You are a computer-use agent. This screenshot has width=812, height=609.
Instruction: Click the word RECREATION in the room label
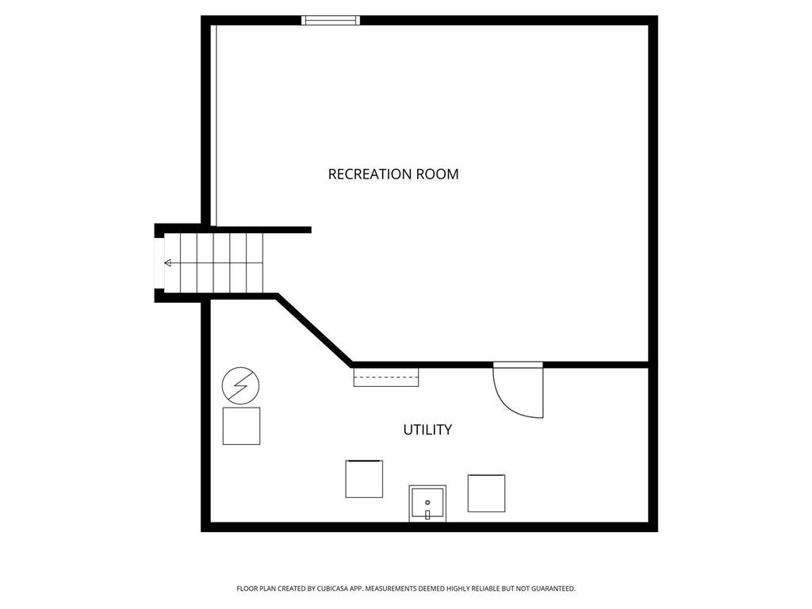click(366, 174)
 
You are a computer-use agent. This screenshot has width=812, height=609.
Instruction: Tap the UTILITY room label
click(427, 430)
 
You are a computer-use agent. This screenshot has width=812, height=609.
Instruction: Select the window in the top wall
click(331, 20)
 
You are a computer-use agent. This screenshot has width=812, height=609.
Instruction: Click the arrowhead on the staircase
click(168, 263)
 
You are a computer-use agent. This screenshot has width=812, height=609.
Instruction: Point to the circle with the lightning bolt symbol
click(241, 386)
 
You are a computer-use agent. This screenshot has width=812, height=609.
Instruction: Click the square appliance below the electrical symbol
click(241, 426)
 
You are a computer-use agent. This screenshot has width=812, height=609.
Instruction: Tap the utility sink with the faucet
click(427, 504)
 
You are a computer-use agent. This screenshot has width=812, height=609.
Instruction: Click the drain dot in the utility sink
click(427, 502)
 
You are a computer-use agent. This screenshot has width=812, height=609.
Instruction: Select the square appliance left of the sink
click(364, 478)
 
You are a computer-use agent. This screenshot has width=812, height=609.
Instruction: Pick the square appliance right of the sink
click(486, 493)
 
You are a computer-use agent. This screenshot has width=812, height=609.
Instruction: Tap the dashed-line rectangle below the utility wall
click(386, 377)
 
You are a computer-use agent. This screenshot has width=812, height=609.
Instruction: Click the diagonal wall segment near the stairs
click(314, 329)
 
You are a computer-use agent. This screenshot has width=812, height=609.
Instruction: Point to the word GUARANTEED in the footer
click(553, 588)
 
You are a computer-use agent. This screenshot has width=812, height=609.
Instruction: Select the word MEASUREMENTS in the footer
click(391, 588)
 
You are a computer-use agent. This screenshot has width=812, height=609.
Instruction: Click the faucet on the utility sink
click(427, 515)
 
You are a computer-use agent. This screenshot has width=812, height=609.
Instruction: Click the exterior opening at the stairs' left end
click(159, 263)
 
